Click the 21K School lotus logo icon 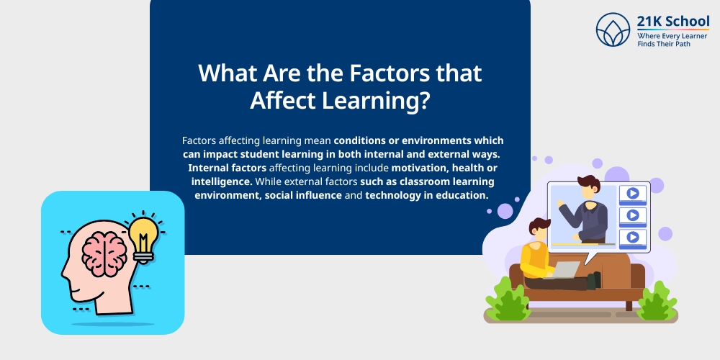click(613, 30)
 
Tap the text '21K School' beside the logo click(673, 22)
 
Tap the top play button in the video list click(632, 193)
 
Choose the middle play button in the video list click(632, 215)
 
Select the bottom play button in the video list click(632, 236)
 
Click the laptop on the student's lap click(566, 270)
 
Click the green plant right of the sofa click(657, 300)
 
